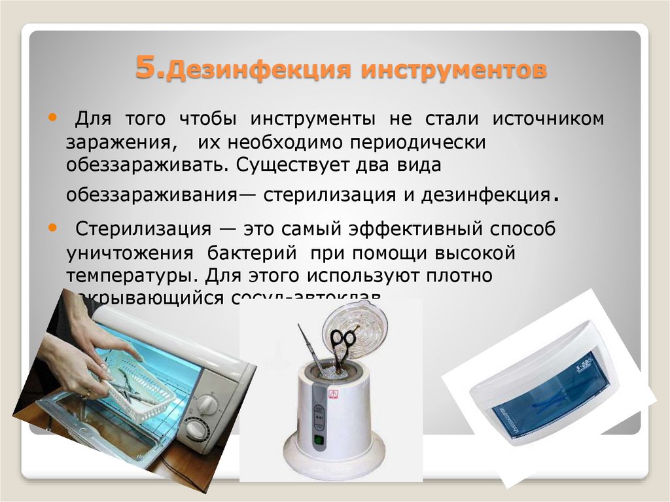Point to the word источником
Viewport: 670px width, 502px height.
pos(547,120)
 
